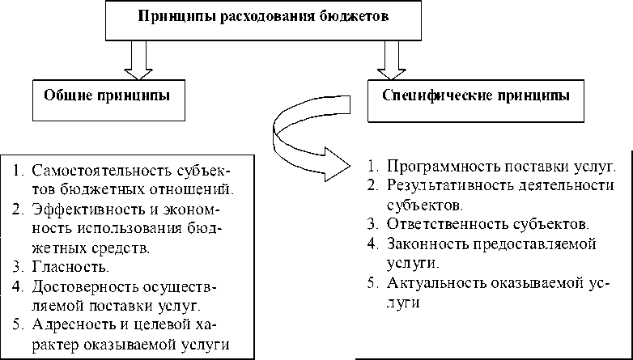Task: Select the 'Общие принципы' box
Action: pyautogui.click(x=106, y=95)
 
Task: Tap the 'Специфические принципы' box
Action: pyautogui.click(x=474, y=95)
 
